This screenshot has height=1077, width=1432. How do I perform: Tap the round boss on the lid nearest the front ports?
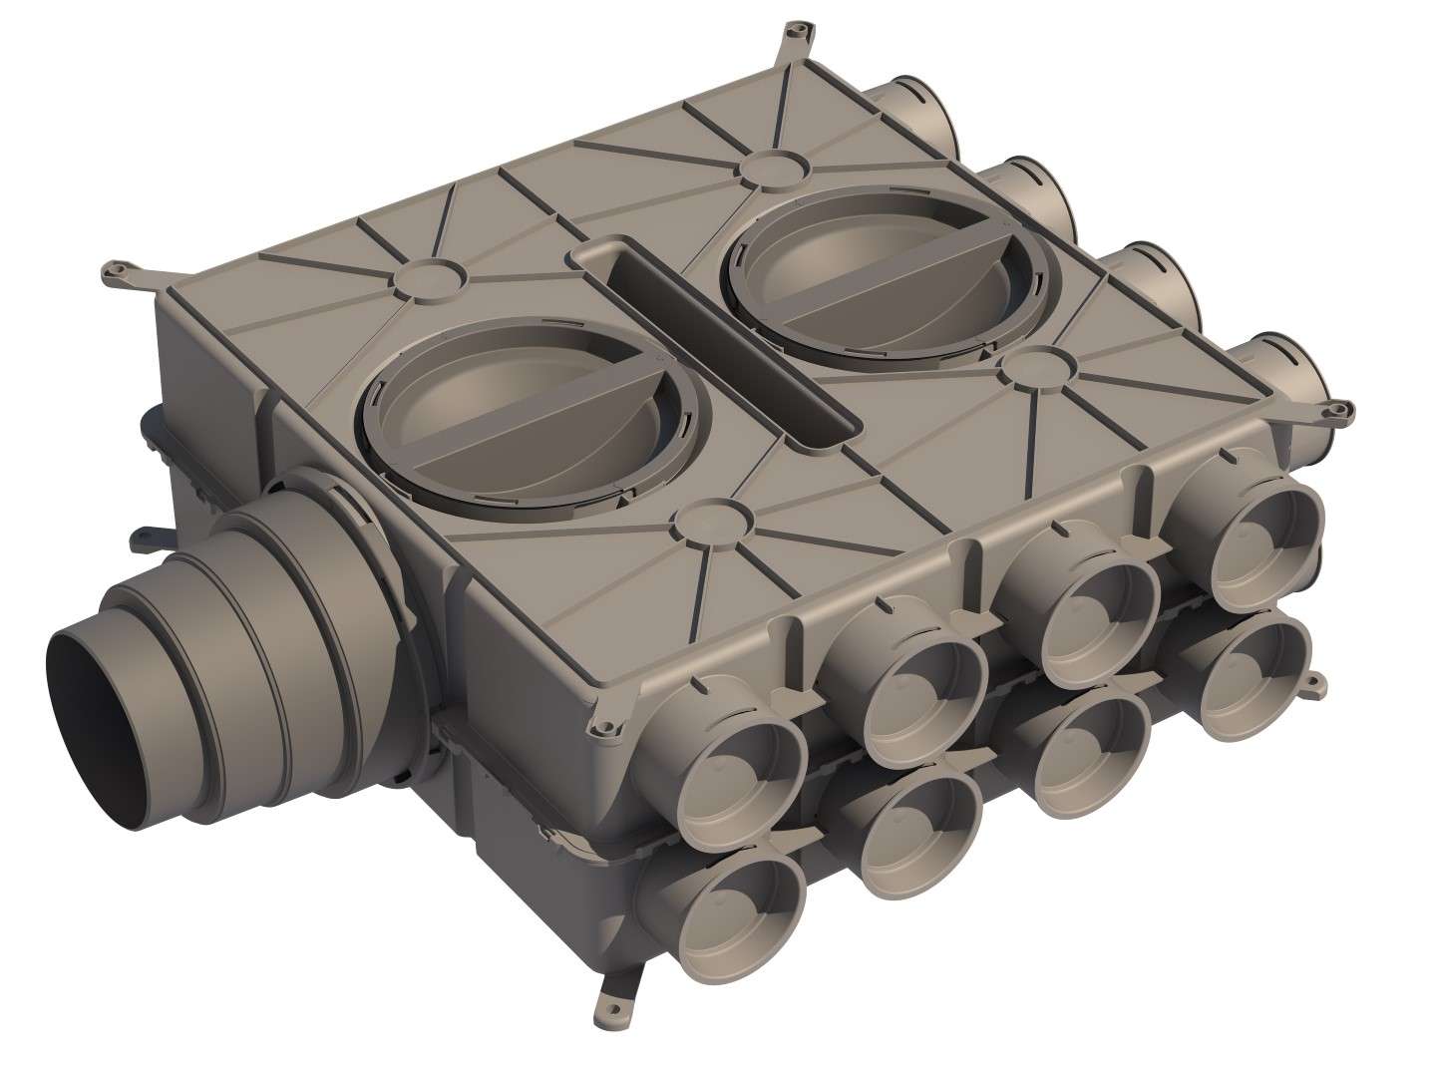tap(710, 519)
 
